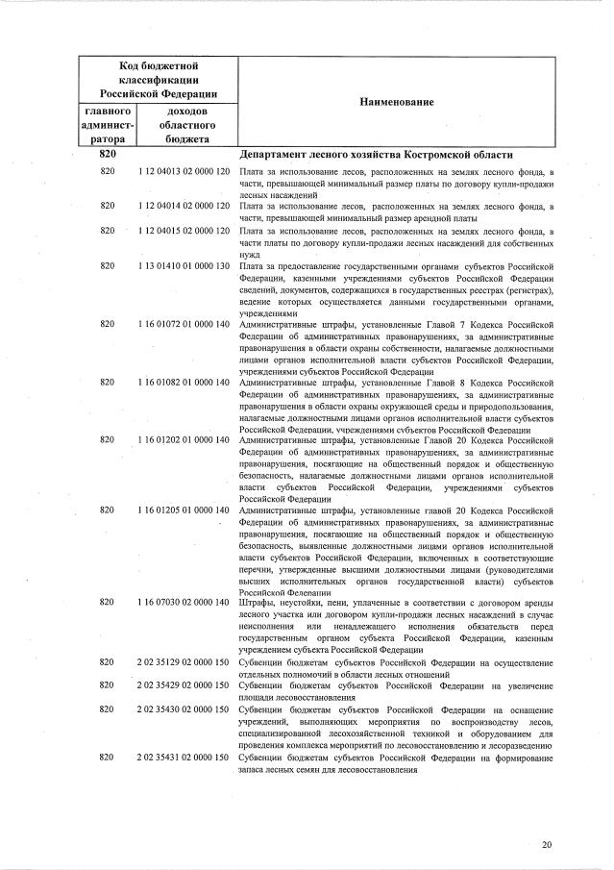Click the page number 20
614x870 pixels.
pyautogui.click(x=547, y=845)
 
